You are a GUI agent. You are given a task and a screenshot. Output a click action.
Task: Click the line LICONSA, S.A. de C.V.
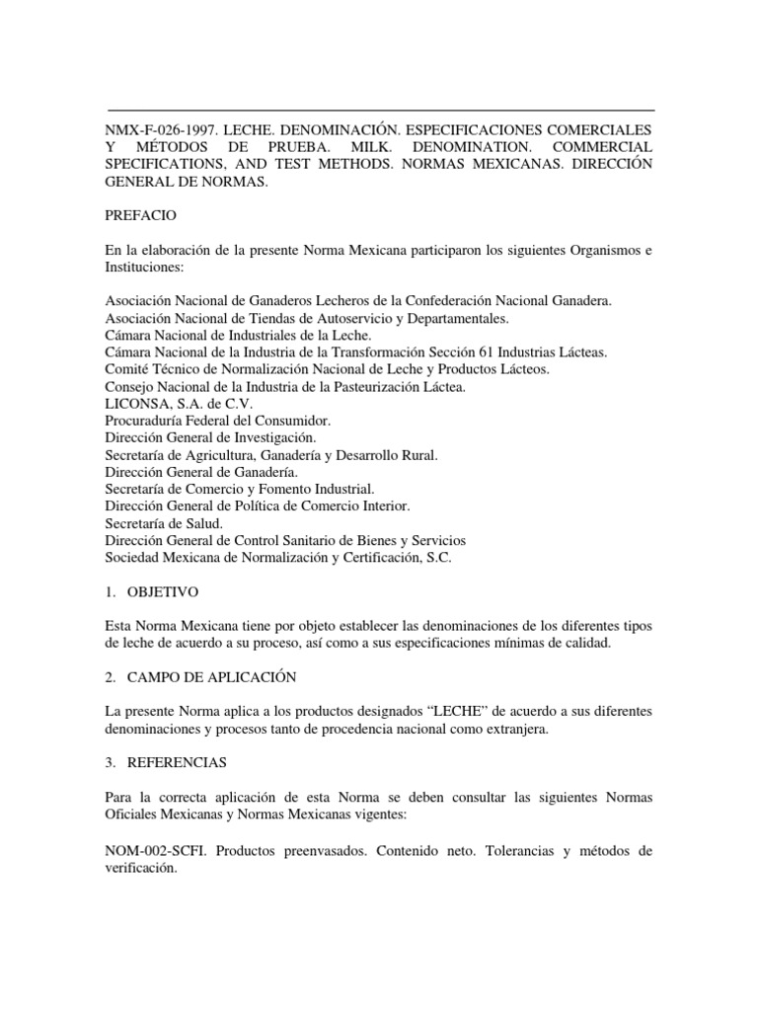163,404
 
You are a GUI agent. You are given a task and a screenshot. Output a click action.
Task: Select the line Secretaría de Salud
164,523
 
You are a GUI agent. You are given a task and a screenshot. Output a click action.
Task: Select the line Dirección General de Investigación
210,437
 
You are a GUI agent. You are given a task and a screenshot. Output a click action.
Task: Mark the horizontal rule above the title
379,110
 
